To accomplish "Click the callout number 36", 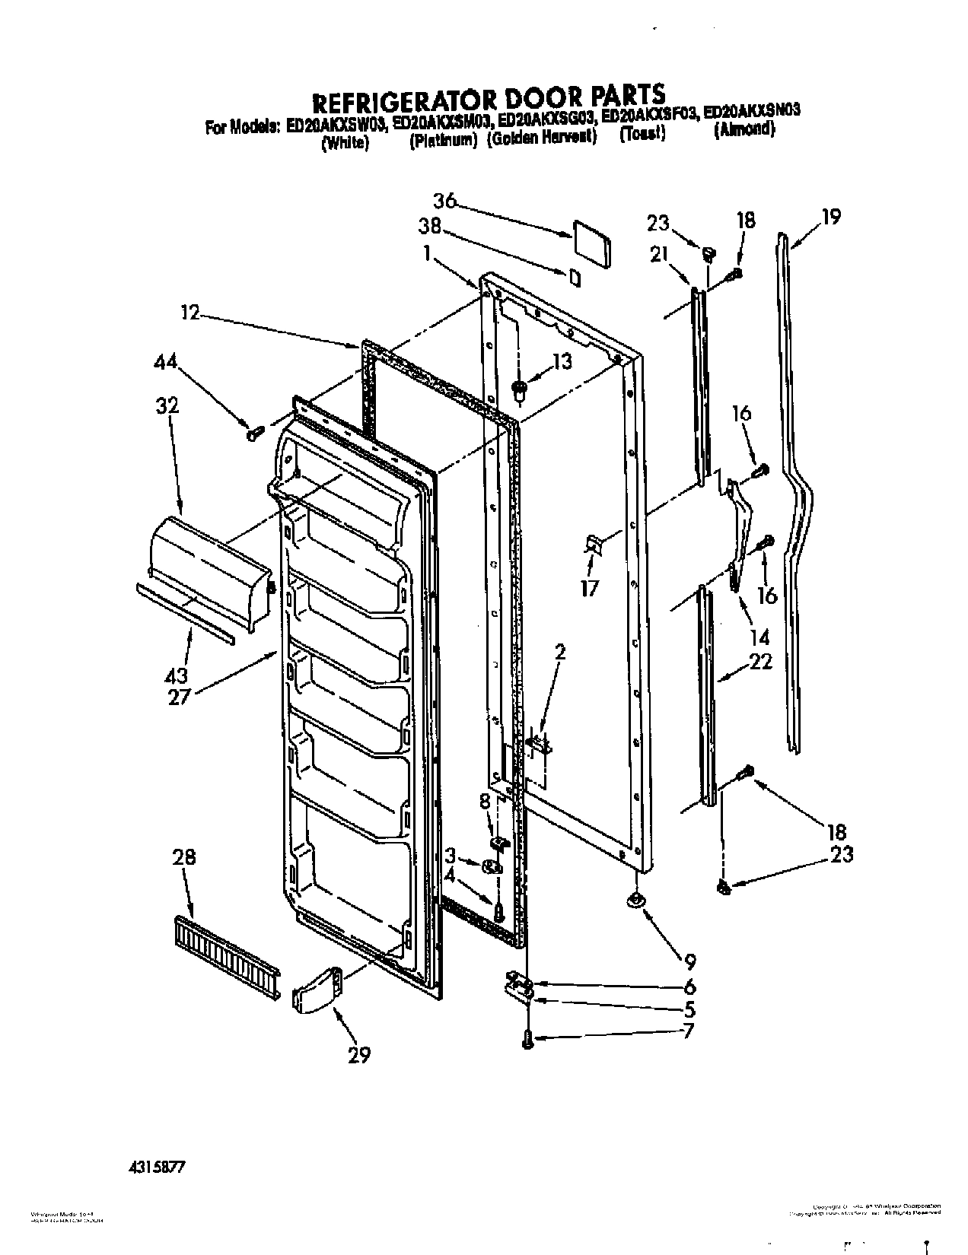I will coord(444,201).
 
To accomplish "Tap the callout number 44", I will coord(167,364).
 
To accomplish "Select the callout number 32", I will coord(167,405).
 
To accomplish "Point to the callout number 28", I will coord(184,858).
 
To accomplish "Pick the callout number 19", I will coord(830,217).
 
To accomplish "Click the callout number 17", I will coord(590,587).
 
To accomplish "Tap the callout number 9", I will coord(689,961).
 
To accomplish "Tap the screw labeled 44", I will coord(253,433).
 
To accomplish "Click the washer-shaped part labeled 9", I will coord(634,901).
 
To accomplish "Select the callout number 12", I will coord(190,312).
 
